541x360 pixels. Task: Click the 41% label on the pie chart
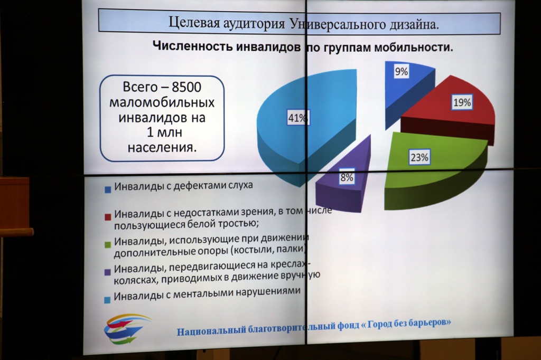click(297, 118)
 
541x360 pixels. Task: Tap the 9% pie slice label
click(402, 72)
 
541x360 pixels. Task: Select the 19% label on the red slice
click(462, 102)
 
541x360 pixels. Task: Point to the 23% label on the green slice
click(419, 158)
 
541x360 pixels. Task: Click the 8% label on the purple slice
click(347, 177)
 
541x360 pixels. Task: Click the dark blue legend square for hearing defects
click(108, 190)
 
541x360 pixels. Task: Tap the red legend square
click(108, 216)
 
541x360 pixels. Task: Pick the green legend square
click(108, 244)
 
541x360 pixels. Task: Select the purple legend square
click(107, 272)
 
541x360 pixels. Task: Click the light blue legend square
click(107, 299)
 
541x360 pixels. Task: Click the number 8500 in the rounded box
click(186, 87)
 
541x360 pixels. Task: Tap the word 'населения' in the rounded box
click(162, 148)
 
